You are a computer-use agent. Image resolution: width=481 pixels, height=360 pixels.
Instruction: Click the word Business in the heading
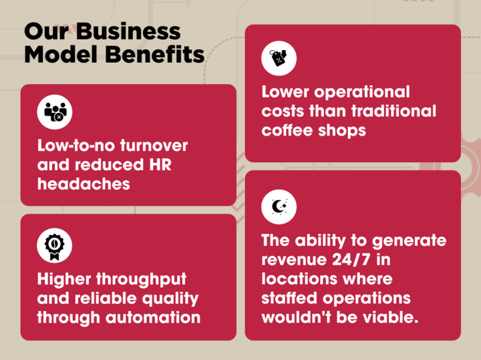coord(130,31)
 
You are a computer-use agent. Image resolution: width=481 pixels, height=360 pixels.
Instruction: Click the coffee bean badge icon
coord(54,246)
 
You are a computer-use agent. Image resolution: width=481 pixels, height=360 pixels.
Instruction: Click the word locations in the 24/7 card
coord(300,279)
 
